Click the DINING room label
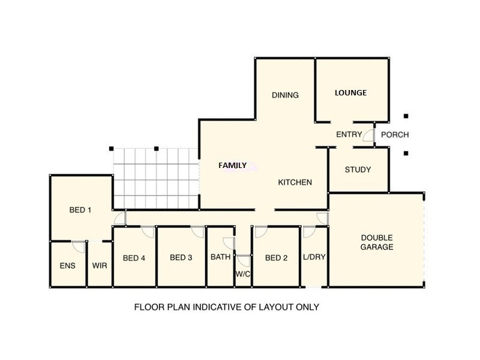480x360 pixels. [285, 95]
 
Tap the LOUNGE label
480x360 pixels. [350, 93]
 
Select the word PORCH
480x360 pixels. [395, 135]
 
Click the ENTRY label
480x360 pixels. [349, 135]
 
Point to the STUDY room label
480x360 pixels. [358, 170]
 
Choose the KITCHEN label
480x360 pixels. [295, 182]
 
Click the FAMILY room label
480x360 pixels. [232, 166]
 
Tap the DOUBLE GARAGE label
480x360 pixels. [377, 242]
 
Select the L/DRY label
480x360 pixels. [314, 258]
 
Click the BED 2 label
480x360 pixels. [276, 258]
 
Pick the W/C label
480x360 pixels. [243, 275]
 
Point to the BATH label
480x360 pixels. [220, 257]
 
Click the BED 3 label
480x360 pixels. [181, 258]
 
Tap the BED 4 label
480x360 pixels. [134, 259]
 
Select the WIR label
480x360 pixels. [100, 265]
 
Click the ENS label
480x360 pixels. [67, 265]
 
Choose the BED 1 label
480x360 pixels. [80, 210]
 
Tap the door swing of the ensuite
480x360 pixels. [79, 246]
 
